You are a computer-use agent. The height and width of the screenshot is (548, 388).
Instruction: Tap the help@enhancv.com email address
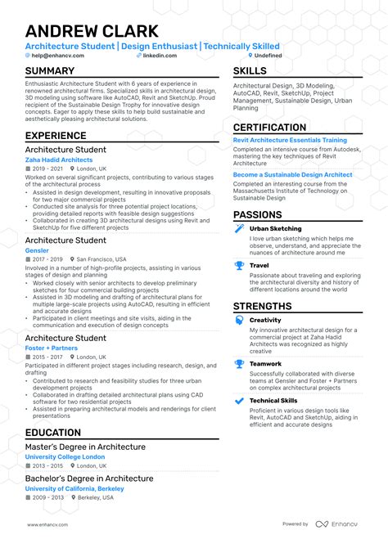point(53,56)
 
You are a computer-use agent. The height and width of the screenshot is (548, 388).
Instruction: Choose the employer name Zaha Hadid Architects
point(59,160)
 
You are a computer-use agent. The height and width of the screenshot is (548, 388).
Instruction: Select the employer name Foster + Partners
point(51,348)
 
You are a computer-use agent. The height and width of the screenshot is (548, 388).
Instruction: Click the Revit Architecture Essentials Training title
point(290,140)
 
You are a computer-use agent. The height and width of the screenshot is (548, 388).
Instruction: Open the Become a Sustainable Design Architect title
point(292,174)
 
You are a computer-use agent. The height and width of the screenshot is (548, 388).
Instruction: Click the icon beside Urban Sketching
point(239,229)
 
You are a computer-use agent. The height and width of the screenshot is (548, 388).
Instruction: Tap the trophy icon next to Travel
point(239,265)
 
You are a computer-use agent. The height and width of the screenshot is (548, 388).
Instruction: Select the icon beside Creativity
point(239,321)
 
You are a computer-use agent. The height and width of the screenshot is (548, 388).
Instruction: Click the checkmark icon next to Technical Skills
point(239,401)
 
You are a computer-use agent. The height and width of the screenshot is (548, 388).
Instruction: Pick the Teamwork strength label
point(265,364)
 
